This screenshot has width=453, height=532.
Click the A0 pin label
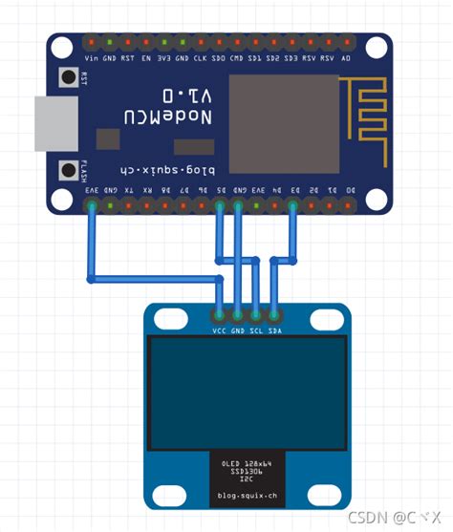[346, 57]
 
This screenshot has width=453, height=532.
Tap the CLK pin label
[200, 57]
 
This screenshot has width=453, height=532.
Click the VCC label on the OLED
[219, 330]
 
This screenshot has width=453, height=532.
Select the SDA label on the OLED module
[274, 330]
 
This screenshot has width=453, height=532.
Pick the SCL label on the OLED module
[256, 330]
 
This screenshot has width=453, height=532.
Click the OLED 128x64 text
[247, 463]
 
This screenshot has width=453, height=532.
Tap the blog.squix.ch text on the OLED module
[247, 496]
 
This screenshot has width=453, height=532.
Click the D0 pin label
[349, 190]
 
